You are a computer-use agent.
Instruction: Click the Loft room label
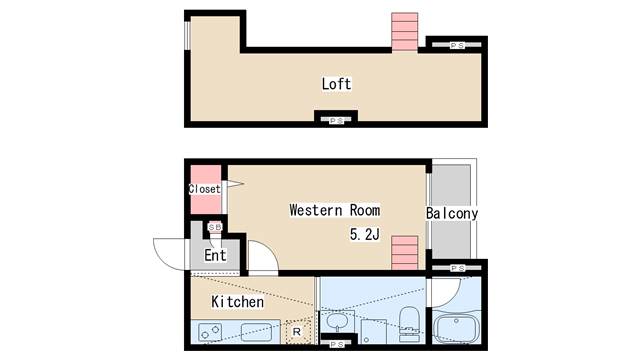tap(336, 84)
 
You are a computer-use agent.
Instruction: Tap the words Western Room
tap(335, 210)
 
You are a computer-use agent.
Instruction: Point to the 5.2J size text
tap(365, 234)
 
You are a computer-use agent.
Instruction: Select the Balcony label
tap(452, 213)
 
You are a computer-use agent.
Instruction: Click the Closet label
tap(204, 189)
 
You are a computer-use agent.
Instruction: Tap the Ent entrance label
tap(215, 256)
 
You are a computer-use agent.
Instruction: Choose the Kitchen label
tap(238, 302)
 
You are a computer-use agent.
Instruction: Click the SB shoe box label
tap(215, 227)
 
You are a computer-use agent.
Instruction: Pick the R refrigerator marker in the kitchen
tap(297, 332)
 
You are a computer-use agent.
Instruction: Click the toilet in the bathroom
tap(408, 324)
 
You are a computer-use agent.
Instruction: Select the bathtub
tap(456, 328)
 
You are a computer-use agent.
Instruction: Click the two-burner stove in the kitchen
tap(210, 332)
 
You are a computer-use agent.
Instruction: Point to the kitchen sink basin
tap(256, 332)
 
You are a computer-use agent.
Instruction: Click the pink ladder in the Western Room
tap(404, 253)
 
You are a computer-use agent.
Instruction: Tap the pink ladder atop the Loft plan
tap(404, 32)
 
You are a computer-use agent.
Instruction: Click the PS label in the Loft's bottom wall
tap(336, 121)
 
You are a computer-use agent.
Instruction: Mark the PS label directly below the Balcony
tap(458, 268)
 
